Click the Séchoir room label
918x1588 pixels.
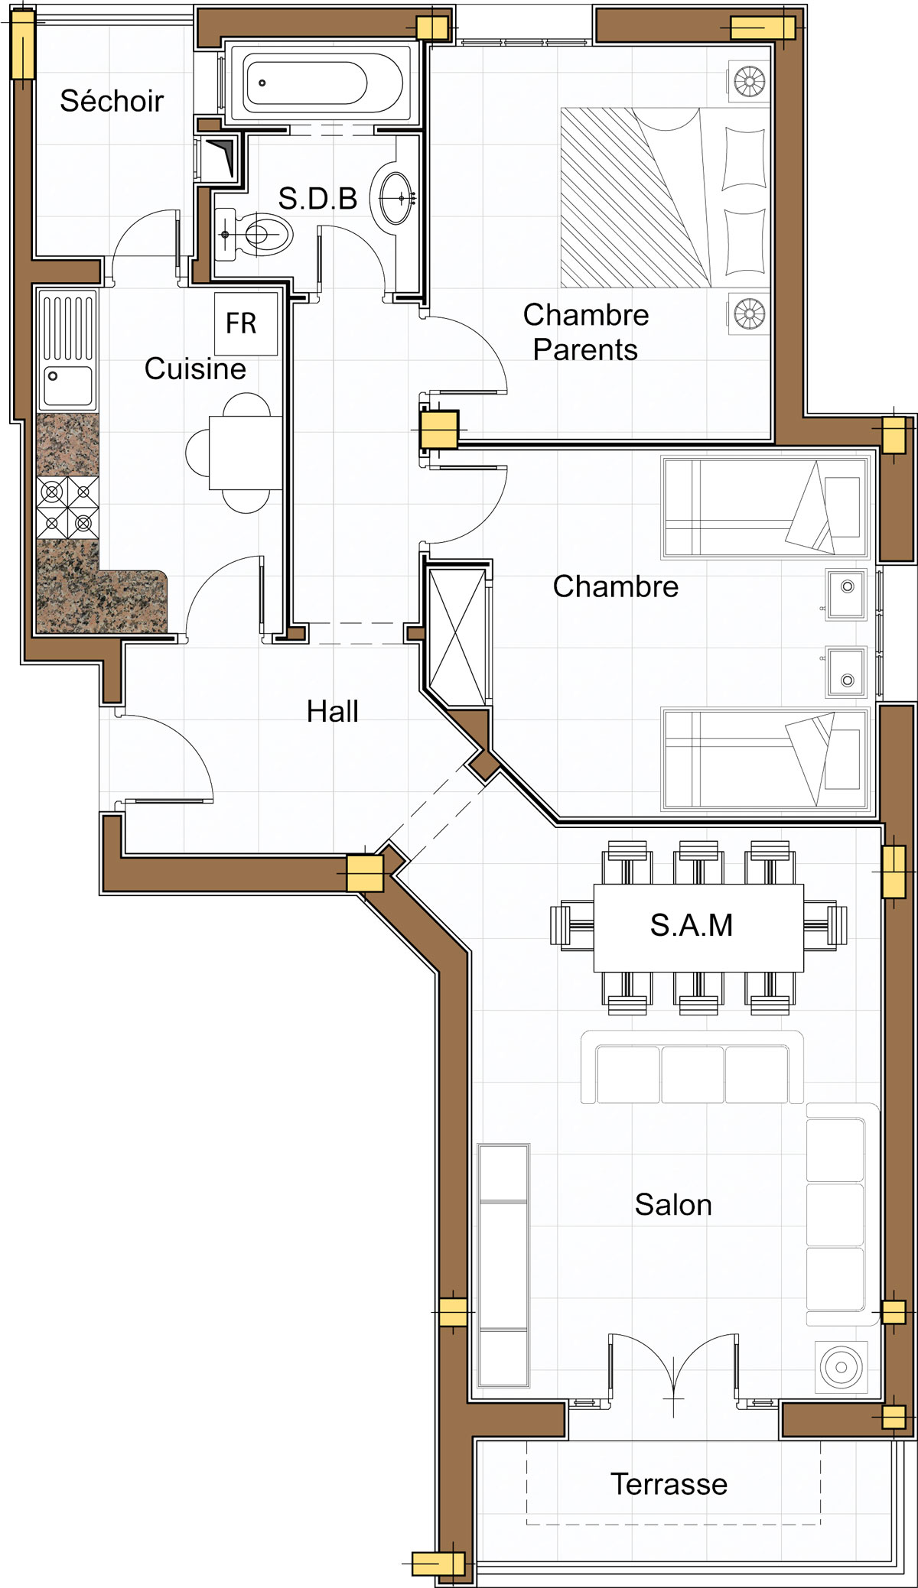click(112, 101)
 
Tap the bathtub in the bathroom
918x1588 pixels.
click(323, 83)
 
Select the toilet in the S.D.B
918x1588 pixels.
click(254, 234)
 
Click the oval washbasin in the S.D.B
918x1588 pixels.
click(396, 198)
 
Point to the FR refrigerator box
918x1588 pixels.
click(246, 323)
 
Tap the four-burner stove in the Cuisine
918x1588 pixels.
click(67, 508)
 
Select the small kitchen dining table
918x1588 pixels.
click(246, 452)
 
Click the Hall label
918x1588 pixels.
click(333, 711)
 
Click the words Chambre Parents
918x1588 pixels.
click(586, 332)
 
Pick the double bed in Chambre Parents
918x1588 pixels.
click(665, 197)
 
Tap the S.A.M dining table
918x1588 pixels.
click(698, 927)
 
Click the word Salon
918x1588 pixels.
click(673, 1204)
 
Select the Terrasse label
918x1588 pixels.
click(669, 1484)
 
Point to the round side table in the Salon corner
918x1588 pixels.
click(841, 1366)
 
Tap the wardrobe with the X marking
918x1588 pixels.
click(457, 637)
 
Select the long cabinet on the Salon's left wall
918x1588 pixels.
click(503, 1265)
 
